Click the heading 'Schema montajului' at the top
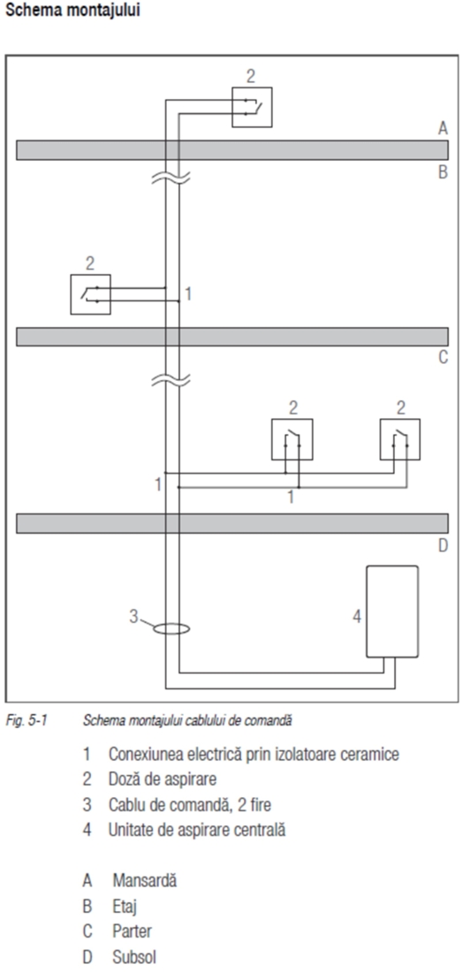click(72, 11)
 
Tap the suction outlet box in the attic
click(252, 107)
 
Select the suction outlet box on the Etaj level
click(90, 294)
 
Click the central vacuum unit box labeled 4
click(391, 611)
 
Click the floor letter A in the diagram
click(443, 128)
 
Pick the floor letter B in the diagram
click(443, 171)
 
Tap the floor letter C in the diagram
click(443, 358)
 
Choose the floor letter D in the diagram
click(443, 546)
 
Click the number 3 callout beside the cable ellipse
click(133, 616)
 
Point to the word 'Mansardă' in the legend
click(144, 880)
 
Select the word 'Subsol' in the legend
click(134, 957)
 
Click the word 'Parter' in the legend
click(132, 931)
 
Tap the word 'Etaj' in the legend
click(125, 907)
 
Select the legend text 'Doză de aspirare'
click(163, 778)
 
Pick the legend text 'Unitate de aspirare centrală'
click(197, 830)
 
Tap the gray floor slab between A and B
click(231, 150)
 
